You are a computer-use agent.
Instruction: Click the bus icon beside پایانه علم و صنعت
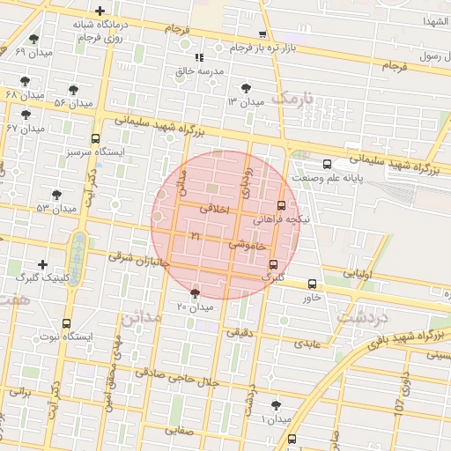(328, 164)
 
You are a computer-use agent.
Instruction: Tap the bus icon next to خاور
(312, 284)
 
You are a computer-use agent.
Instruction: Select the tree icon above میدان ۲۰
(195, 292)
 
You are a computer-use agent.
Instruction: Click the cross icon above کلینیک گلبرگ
(41, 264)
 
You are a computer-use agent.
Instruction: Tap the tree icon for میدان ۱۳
(245, 88)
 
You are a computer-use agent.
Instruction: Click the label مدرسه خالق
(198, 70)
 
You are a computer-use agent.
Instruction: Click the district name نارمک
(292, 98)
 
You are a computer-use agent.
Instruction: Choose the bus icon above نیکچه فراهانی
(281, 204)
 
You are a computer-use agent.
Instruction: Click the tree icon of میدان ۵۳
(57, 194)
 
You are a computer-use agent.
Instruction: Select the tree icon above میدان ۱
(278, 404)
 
